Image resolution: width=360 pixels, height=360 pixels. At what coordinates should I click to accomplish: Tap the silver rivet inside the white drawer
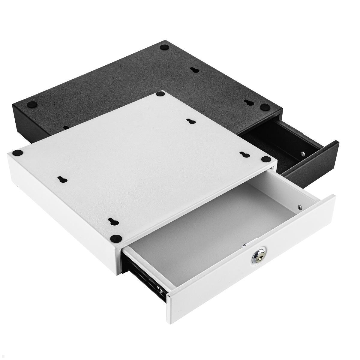pos(299,207)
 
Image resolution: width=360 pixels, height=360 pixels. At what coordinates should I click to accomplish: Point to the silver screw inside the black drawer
pos(302,153)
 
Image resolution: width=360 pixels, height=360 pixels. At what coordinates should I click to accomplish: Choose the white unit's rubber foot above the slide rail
pos(116,238)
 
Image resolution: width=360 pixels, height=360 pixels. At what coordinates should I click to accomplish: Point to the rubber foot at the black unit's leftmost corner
pos(32,105)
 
